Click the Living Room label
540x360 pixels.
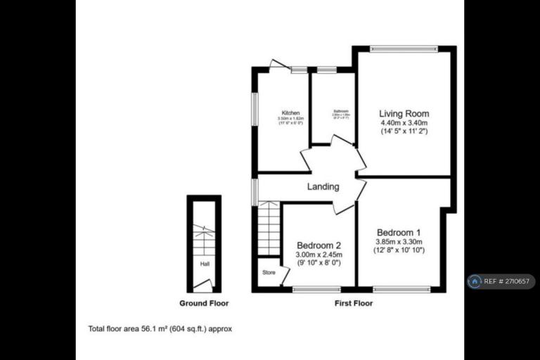click(404, 113)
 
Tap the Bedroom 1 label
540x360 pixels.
click(399, 233)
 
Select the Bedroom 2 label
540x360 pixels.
click(319, 245)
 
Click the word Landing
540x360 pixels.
click(323, 187)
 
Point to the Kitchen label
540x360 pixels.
click(291, 113)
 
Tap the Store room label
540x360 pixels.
click(269, 272)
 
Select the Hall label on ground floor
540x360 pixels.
click(205, 264)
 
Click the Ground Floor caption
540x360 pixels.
click(203, 304)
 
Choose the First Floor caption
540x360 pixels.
click(353, 304)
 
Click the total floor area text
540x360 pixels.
click(160, 328)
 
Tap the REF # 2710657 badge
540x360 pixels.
click(501, 282)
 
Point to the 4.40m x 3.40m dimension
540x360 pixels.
click(404, 122)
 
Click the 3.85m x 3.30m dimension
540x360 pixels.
click(399, 241)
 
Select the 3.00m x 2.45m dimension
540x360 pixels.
click(319, 255)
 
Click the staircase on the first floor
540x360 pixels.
click(269, 229)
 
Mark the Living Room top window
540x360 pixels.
click(404, 49)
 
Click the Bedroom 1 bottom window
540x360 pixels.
click(401, 288)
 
